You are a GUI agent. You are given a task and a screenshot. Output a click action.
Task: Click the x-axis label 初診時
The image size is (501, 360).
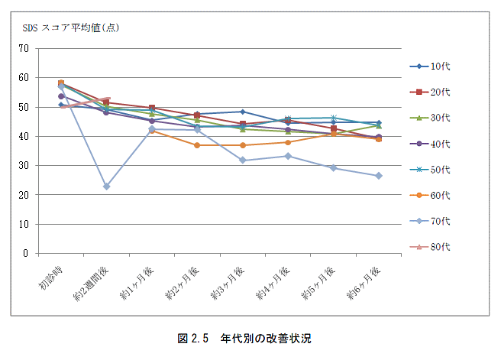(x=52, y=276)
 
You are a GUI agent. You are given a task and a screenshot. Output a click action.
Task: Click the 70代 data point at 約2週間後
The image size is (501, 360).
(x=106, y=186)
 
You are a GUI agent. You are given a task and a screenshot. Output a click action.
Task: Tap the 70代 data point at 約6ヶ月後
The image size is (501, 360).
(x=379, y=176)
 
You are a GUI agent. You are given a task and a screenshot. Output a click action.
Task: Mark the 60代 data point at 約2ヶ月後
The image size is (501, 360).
(x=197, y=145)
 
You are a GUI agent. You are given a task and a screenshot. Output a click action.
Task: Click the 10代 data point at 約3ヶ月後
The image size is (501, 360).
(x=242, y=112)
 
